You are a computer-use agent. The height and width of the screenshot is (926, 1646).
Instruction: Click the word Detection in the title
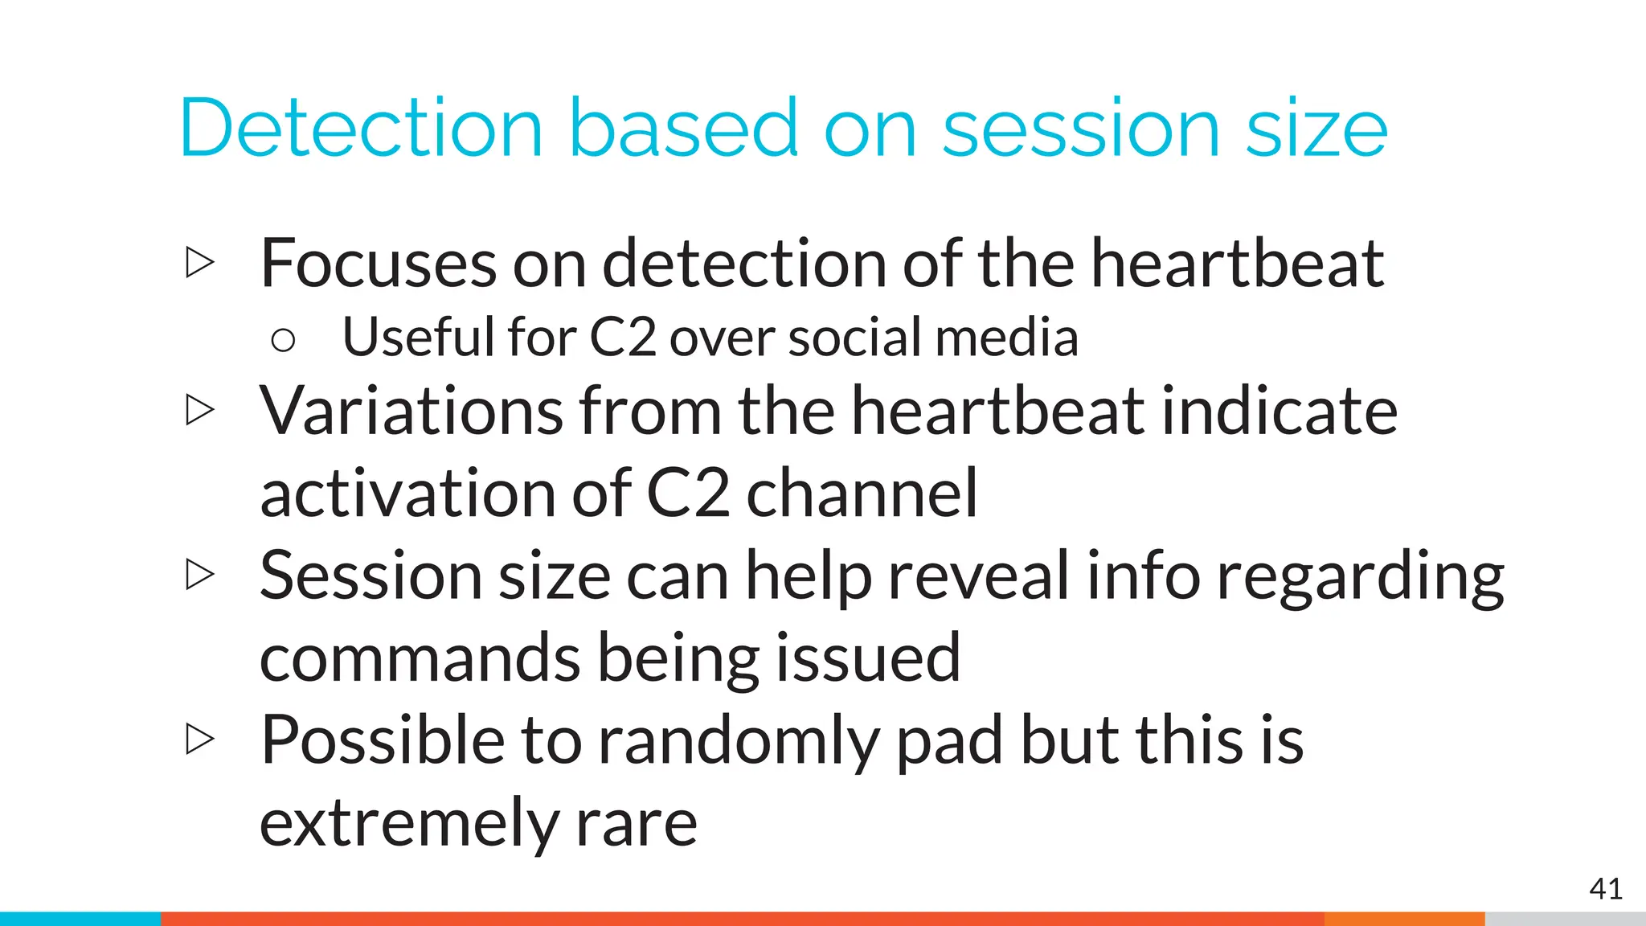pyautogui.click(x=362, y=129)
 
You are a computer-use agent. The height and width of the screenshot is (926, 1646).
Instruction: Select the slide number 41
pyautogui.click(x=1605, y=889)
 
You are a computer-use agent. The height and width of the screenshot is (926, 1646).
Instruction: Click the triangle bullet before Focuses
pyautogui.click(x=199, y=263)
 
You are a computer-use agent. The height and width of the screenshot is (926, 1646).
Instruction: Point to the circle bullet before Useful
pyautogui.click(x=283, y=341)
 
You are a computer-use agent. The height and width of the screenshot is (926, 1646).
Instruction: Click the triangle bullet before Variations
pyautogui.click(x=199, y=410)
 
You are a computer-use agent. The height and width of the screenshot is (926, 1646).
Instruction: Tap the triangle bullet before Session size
pyautogui.click(x=199, y=574)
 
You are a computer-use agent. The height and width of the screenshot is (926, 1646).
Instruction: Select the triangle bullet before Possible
pyautogui.click(x=199, y=739)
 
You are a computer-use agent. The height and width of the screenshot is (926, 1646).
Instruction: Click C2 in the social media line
pyautogui.click(x=623, y=338)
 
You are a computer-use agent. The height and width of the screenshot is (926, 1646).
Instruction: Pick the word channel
pyautogui.click(x=862, y=494)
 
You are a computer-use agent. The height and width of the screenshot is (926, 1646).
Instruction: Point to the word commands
pyautogui.click(x=420, y=658)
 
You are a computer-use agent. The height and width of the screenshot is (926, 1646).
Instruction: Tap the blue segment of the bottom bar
pyautogui.click(x=80, y=919)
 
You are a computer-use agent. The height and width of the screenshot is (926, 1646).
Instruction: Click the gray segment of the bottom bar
pyautogui.click(x=1565, y=919)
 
